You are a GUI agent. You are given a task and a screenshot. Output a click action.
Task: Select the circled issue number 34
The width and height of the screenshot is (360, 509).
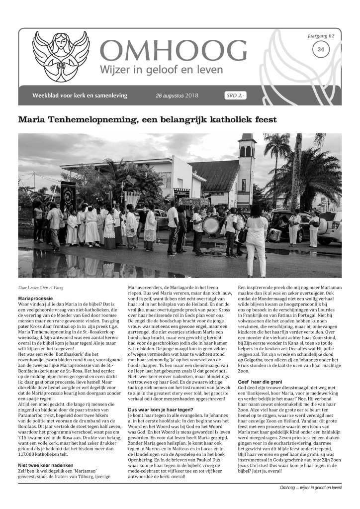click(321, 49)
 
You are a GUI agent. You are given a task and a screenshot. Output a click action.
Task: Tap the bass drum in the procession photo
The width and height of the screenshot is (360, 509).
click(211, 225)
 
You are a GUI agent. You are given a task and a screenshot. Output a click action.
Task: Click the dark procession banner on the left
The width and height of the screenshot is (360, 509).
click(68, 195)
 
